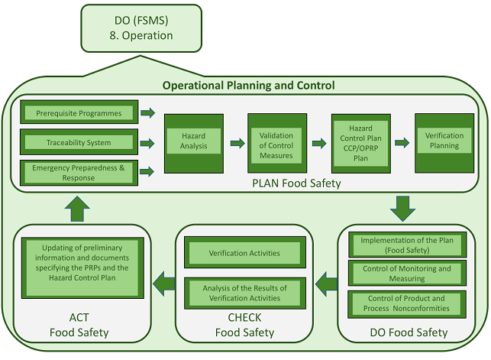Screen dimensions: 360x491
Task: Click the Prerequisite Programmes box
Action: [79, 113]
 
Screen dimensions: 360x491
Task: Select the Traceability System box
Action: [79, 142]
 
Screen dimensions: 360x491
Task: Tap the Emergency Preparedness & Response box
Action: [79, 172]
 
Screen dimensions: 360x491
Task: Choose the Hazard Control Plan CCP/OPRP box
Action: [360, 142]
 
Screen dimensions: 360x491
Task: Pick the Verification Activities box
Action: [244, 253]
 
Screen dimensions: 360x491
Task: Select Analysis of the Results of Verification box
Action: [244, 292]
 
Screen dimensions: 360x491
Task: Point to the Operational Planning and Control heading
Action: [248, 86]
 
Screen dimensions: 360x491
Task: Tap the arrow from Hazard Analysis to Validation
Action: [234, 142]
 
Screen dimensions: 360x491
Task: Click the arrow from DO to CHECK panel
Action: [326, 283]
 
